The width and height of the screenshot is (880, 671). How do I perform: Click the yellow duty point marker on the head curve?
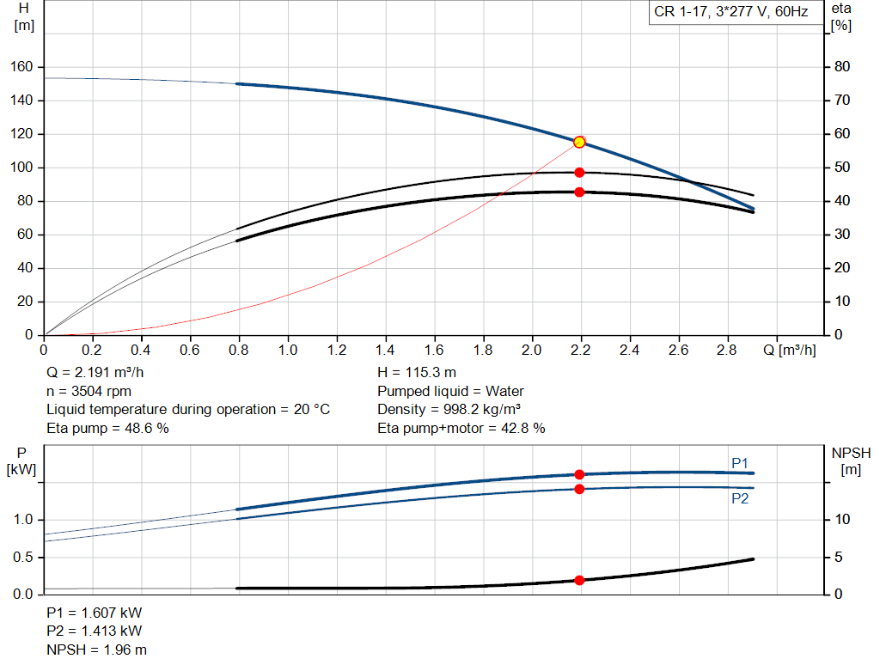coord(579,143)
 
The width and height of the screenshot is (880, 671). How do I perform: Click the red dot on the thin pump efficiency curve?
coord(579,172)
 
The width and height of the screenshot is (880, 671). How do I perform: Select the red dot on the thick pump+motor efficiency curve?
coord(579,192)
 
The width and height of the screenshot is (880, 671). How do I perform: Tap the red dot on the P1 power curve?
coord(579,474)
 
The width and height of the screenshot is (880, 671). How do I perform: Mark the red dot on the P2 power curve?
coord(579,489)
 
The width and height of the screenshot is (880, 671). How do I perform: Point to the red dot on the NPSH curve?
coord(579,580)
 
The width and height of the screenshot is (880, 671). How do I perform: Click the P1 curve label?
coord(740,463)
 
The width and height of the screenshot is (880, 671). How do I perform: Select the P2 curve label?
coord(740,499)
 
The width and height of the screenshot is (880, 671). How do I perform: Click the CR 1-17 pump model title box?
coord(736,12)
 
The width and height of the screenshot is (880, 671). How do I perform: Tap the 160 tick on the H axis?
coord(21,67)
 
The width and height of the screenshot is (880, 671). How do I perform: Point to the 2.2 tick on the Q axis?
coord(580,350)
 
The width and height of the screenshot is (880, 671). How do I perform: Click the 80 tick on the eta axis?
coord(842,67)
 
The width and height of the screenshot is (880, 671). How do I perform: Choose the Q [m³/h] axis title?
coord(790,350)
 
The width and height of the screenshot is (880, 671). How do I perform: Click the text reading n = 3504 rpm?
coord(89,391)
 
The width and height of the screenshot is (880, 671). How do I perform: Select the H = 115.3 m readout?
coord(417,373)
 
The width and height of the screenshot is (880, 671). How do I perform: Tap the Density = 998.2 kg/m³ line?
coord(449,410)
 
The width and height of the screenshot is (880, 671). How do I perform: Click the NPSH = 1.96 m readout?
coord(96,650)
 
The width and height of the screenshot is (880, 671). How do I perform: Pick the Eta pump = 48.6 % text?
coord(107,429)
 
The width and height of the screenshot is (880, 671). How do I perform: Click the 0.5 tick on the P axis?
coord(23,557)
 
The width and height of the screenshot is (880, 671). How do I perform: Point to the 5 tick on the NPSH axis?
coord(839,557)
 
